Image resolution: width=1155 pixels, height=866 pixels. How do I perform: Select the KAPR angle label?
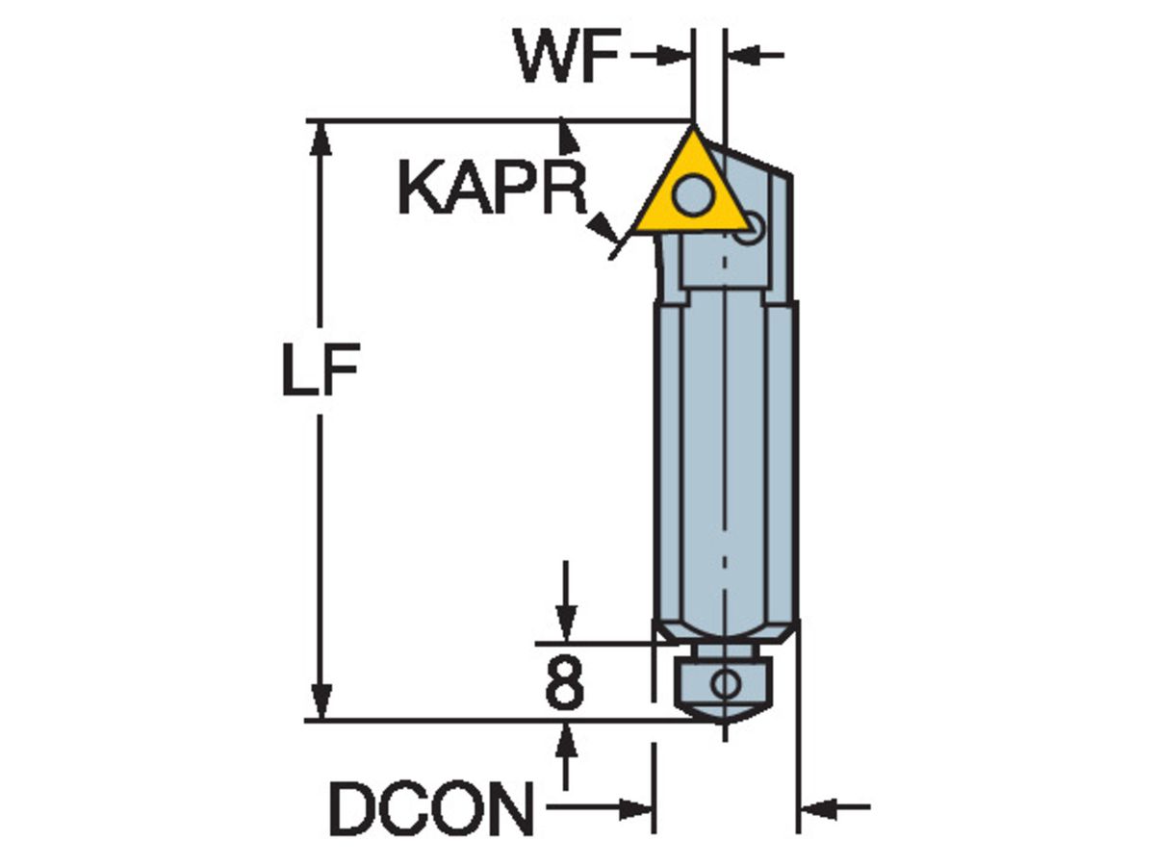pyautogui.click(x=492, y=187)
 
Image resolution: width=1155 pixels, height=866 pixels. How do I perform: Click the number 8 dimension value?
pyautogui.click(x=564, y=684)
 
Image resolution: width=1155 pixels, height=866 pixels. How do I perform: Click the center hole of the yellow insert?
pyautogui.click(x=690, y=197)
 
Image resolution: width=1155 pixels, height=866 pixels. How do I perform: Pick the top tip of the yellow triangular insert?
pyautogui.click(x=693, y=124)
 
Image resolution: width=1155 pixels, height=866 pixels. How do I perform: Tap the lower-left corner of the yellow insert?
pyautogui.click(x=635, y=231)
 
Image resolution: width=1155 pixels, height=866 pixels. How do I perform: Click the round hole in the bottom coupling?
pyautogui.click(x=722, y=684)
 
